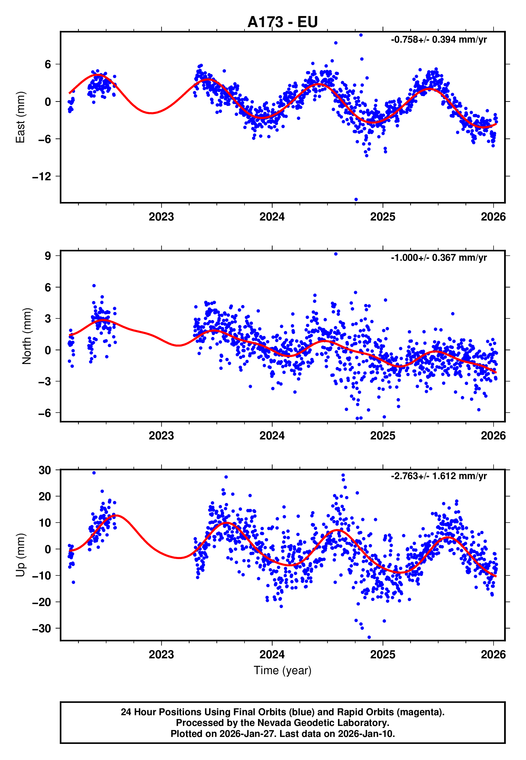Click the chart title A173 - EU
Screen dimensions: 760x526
tap(283, 22)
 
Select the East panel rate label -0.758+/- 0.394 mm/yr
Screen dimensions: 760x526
tap(439, 39)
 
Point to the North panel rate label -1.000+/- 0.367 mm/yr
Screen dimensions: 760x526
tap(439, 258)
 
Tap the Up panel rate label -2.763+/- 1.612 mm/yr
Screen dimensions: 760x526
tap(439, 476)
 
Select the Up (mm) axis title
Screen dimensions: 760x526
tap(20, 555)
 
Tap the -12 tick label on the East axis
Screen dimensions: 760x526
tap(42, 177)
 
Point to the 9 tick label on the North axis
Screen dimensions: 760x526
tap(48, 256)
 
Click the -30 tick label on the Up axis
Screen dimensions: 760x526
tap(42, 629)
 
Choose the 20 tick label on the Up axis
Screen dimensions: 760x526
tap(45, 496)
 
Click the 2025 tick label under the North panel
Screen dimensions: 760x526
tap(383, 436)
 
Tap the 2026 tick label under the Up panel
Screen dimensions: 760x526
tap(493, 654)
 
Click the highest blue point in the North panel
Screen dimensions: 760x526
tap(335, 254)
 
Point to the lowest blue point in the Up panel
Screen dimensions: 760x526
tap(369, 637)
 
